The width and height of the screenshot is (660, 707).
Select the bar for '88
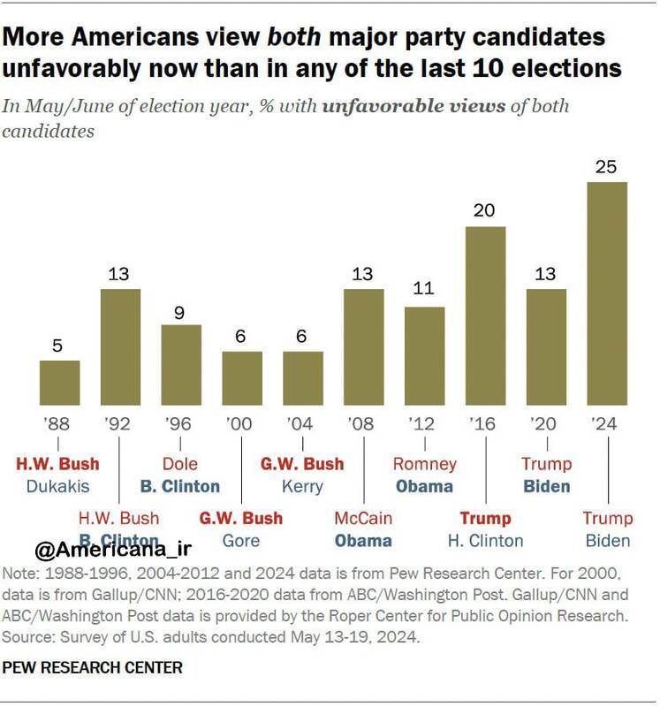[59, 383]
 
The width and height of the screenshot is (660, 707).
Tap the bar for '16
[485, 315]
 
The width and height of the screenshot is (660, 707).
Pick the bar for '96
[180, 365]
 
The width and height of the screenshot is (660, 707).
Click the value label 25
[607, 165]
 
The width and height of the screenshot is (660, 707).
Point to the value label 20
[485, 210]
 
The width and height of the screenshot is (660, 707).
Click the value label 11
[425, 290]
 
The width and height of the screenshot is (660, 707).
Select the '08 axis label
[363, 424]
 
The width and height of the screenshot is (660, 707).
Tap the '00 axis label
[241, 424]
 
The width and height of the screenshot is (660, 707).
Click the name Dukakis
[59, 486]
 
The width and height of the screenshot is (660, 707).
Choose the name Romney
[425, 464]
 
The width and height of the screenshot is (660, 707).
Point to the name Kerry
[302, 486]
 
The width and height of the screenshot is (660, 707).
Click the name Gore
[241, 540]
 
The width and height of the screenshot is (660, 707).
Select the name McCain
[363, 518]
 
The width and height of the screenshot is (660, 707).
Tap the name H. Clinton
[485, 540]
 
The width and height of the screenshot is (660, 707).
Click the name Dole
[180, 464]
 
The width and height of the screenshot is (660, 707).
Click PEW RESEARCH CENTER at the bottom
[92, 668]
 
